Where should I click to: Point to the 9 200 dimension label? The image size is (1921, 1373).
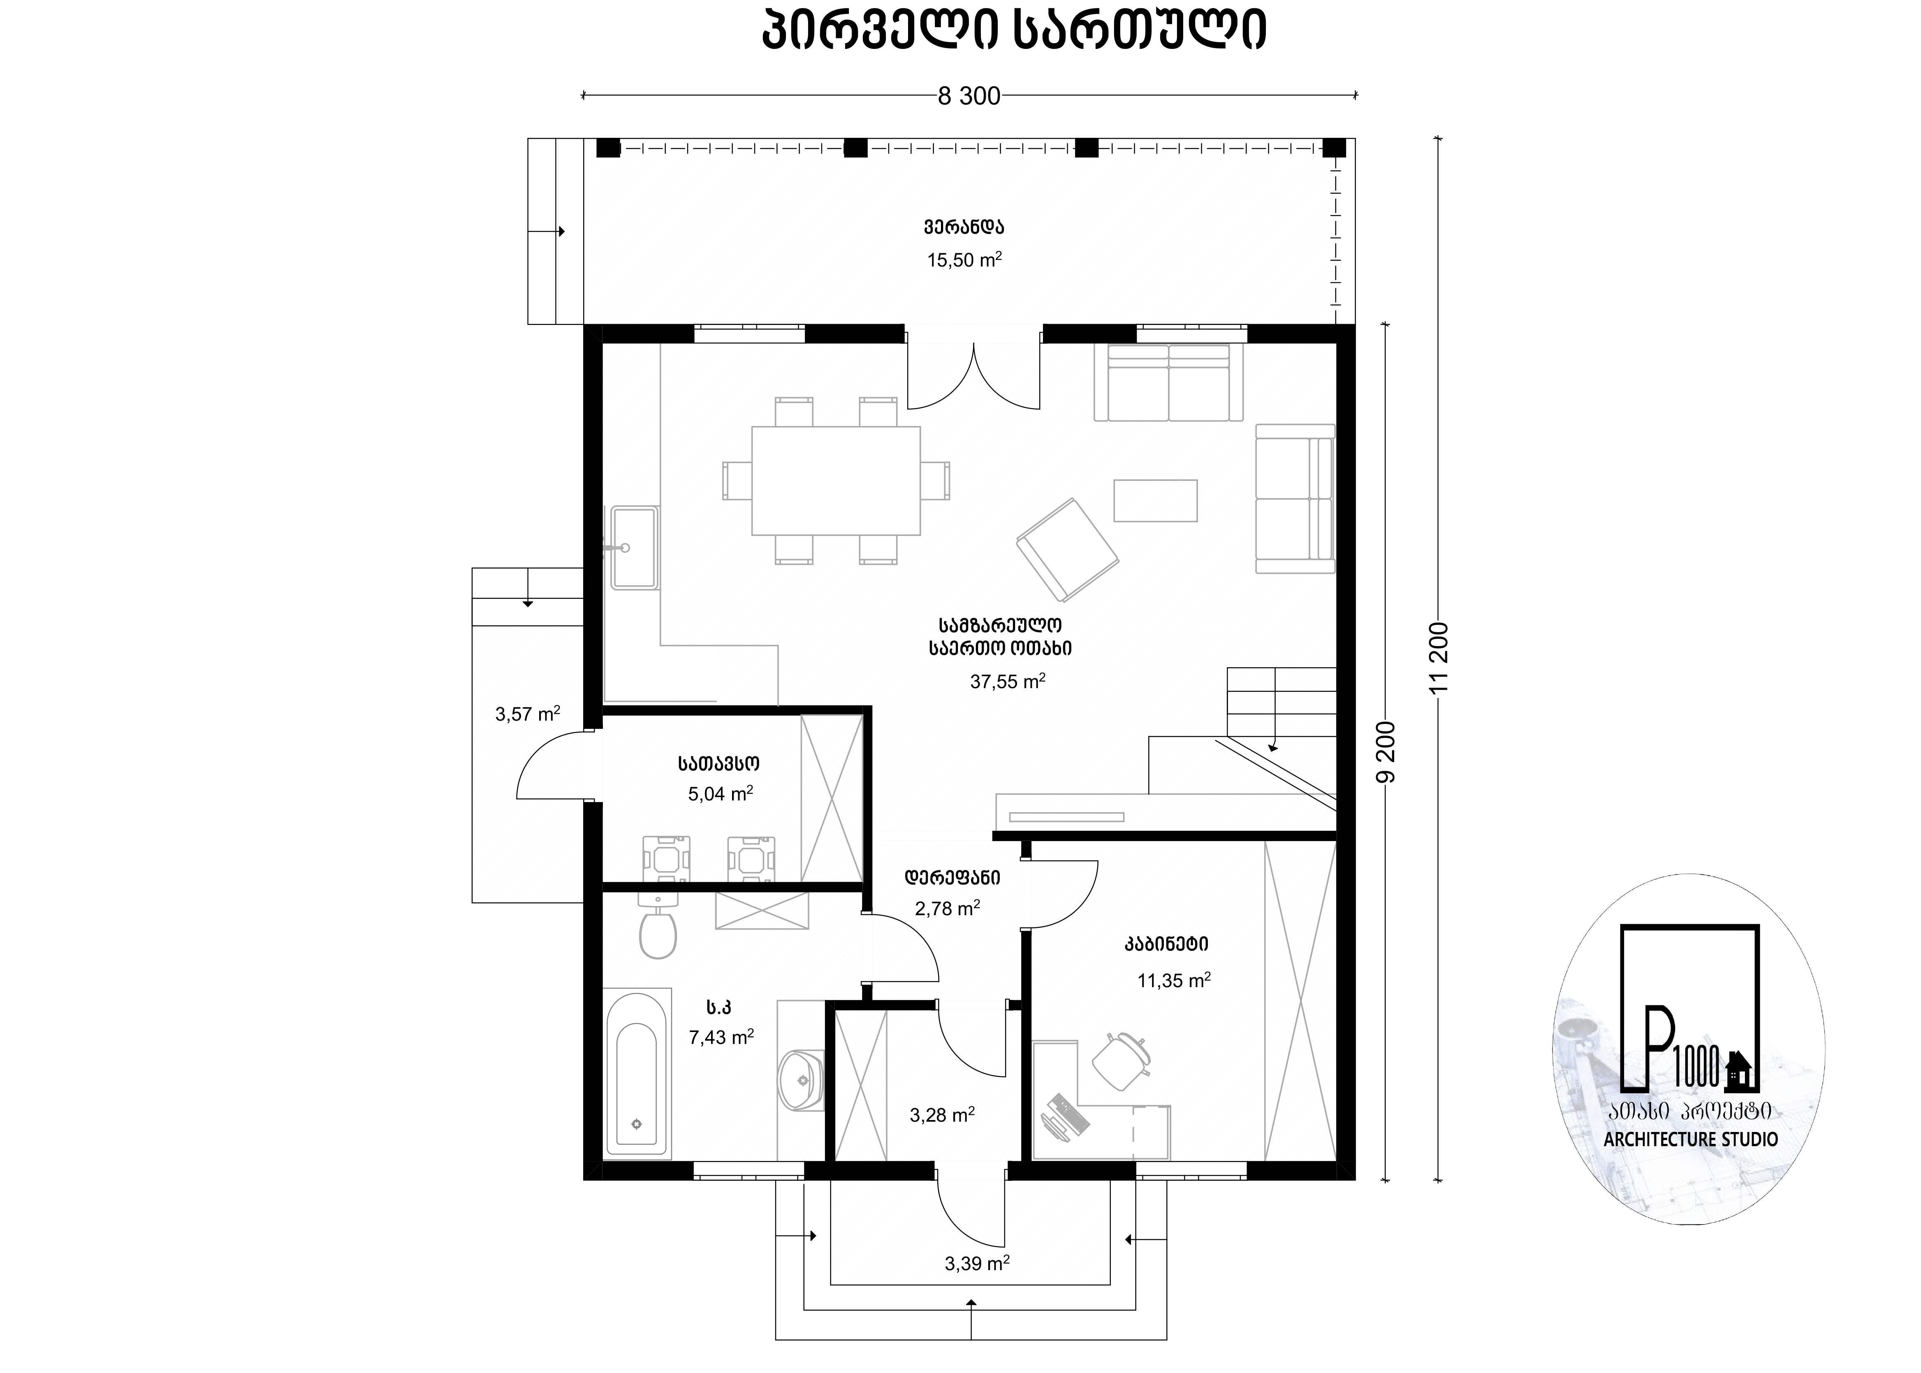[x=1384, y=752]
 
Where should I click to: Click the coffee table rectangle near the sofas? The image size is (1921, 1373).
[x=1155, y=501]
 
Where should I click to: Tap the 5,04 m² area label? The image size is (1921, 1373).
[x=720, y=793]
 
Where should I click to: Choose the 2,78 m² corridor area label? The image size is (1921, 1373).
[x=948, y=908]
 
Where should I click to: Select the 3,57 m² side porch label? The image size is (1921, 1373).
[x=527, y=714]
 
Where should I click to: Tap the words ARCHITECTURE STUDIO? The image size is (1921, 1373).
[x=1690, y=1139]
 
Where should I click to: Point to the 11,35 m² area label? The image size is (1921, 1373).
[x=1174, y=980]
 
